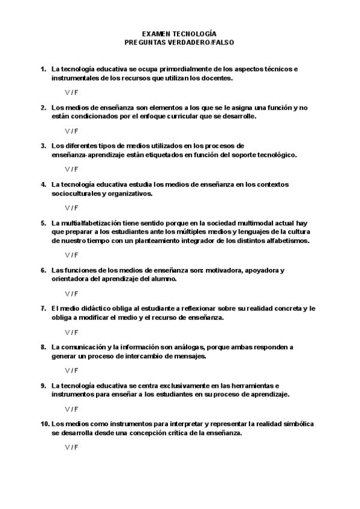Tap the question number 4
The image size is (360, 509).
(x=43, y=184)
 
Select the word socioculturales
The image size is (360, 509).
(x=76, y=193)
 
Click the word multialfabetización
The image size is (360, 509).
(x=89, y=223)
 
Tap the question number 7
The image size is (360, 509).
(x=43, y=309)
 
